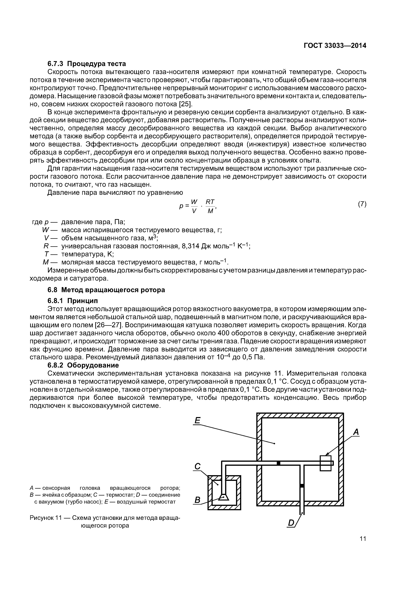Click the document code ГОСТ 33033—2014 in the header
tap(335, 46)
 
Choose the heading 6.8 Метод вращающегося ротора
tap(106, 290)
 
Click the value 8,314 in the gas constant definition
tap(190, 246)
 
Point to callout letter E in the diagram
tap(197, 420)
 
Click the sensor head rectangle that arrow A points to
tap(326, 463)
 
